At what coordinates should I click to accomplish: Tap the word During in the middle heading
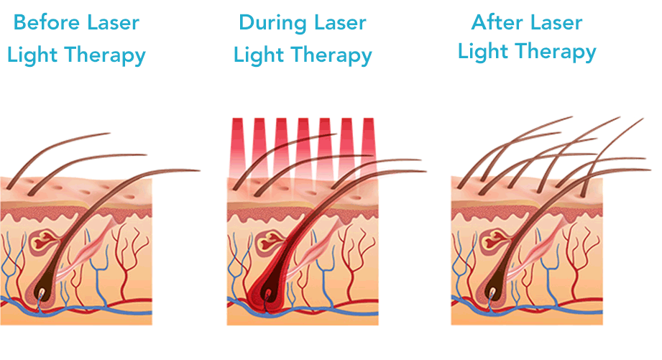point(272,22)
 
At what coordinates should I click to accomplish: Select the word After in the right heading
point(495,22)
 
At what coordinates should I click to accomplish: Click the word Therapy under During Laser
point(332,56)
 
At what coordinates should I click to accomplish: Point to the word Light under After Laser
point(484,52)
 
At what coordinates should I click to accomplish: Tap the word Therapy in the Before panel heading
point(106,56)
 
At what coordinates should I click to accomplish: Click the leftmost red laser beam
point(239,148)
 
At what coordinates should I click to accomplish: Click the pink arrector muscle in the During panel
point(315,250)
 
